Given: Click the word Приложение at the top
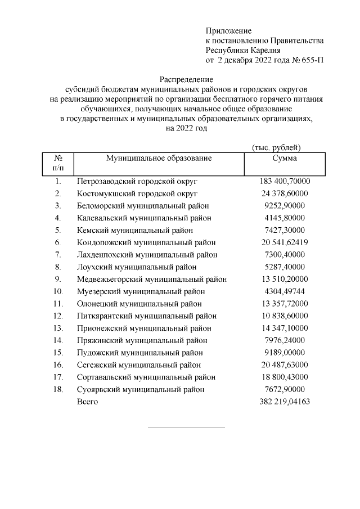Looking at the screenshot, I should (228, 30).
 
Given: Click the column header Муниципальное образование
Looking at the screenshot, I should (159, 159).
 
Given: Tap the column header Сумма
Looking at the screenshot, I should (284, 159).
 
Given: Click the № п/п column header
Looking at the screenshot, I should (58, 163).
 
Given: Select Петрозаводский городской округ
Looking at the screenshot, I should (137, 182).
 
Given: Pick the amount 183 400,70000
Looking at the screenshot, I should (285, 182).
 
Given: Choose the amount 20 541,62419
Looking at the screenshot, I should (285, 242).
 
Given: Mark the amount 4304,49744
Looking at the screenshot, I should (285, 291).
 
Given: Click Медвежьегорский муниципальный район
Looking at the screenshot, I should (152, 279).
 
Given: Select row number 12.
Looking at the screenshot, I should (58, 316).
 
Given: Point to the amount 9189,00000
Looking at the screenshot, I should (285, 353).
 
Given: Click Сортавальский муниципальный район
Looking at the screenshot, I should (146, 377).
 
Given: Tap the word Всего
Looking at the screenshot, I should (87, 402).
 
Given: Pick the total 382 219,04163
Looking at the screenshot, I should (285, 402).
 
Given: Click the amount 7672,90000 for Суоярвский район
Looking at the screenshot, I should (285, 389).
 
